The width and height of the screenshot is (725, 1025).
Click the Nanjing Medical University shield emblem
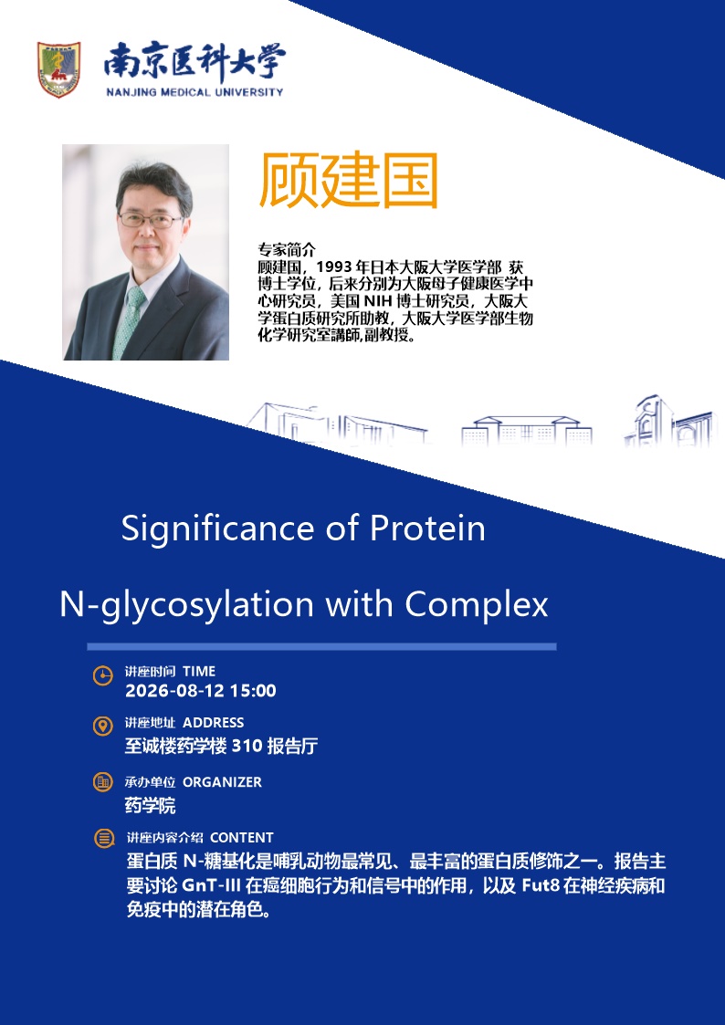pyautogui.click(x=58, y=70)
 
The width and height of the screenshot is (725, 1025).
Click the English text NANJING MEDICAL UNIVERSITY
pyautogui.click(x=194, y=92)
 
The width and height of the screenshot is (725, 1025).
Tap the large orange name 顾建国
pyautogui.click(x=349, y=181)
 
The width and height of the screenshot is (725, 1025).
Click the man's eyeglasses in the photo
pyautogui.click(x=151, y=220)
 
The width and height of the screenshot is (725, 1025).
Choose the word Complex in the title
pyautogui.click(x=476, y=605)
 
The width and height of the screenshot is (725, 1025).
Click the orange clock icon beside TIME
pyautogui.click(x=102, y=675)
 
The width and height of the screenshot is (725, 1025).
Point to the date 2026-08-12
pyautogui.click(x=171, y=691)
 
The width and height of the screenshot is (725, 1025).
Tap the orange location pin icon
pyautogui.click(x=102, y=727)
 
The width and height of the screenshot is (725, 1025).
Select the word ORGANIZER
pyautogui.click(x=222, y=782)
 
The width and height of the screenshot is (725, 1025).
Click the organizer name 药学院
pyautogui.click(x=151, y=805)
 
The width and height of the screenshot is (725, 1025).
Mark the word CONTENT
pyautogui.click(x=242, y=837)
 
